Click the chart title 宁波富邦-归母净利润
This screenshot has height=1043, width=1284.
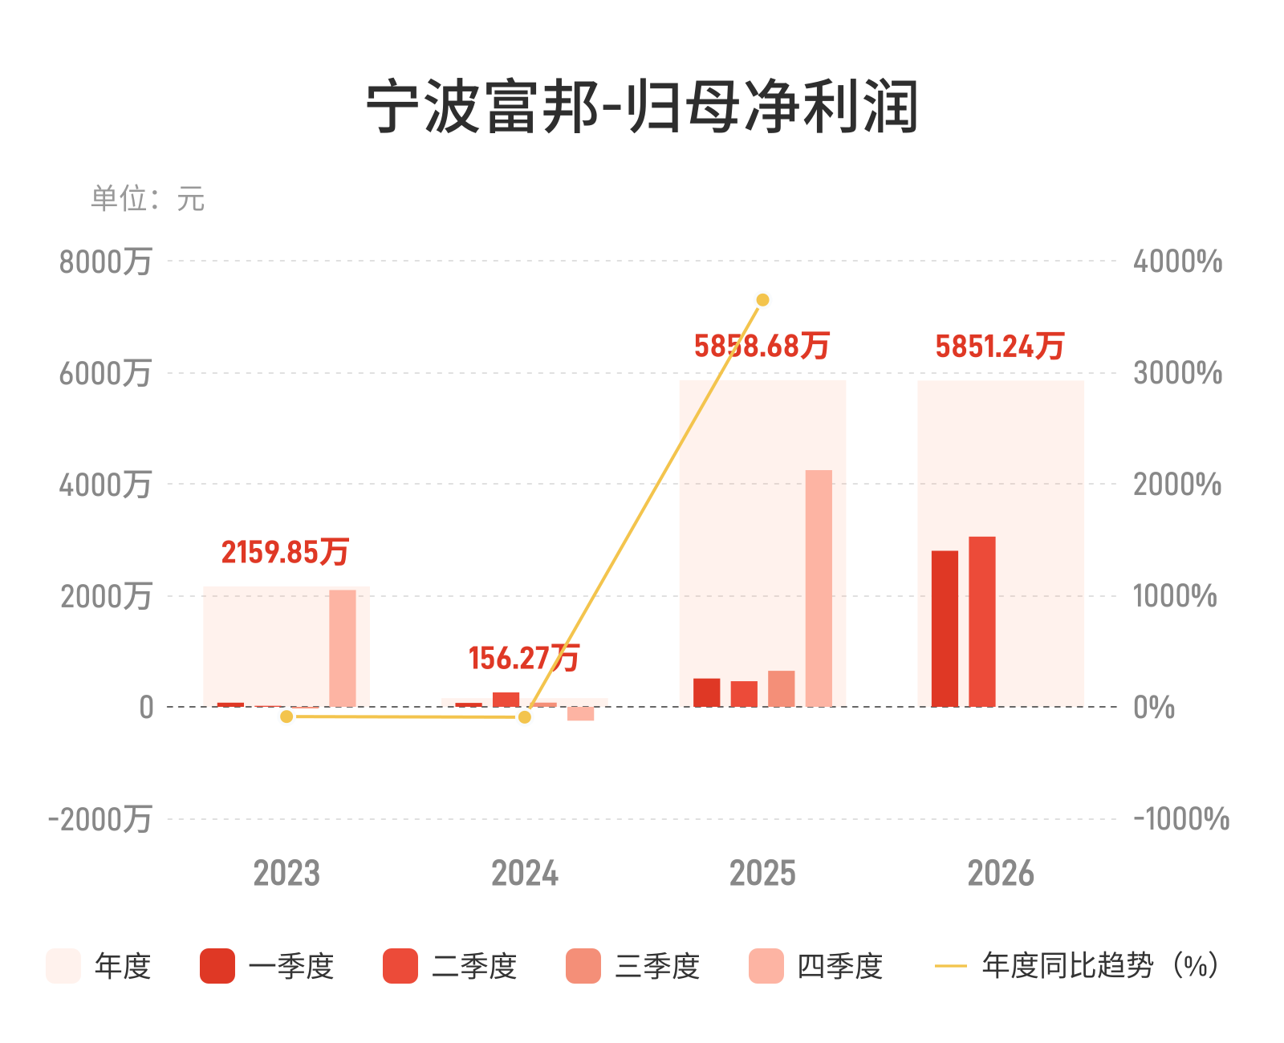(x=642, y=107)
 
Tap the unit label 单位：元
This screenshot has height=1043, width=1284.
(x=148, y=198)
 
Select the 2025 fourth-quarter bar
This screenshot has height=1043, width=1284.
(x=818, y=587)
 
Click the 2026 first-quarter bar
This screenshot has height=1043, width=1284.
(x=944, y=628)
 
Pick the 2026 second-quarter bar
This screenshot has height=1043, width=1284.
(x=981, y=621)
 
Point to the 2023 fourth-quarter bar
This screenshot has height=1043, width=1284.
(x=343, y=647)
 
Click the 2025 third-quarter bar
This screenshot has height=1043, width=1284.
(x=781, y=688)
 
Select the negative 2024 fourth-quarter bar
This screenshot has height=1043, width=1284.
(x=580, y=713)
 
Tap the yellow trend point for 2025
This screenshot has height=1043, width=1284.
(x=762, y=299)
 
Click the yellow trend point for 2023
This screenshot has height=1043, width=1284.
(x=286, y=716)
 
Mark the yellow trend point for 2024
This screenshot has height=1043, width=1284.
(x=525, y=716)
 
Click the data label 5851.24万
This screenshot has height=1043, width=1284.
(x=999, y=346)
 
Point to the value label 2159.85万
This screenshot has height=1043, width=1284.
(x=285, y=552)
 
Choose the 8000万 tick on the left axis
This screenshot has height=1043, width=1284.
(x=105, y=262)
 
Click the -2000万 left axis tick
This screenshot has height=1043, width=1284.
(x=100, y=819)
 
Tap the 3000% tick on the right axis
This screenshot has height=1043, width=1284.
(x=1177, y=373)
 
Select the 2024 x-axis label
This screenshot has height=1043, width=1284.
(x=525, y=873)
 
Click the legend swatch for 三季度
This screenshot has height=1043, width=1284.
(x=583, y=965)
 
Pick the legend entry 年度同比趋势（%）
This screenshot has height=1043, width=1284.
(x=1077, y=965)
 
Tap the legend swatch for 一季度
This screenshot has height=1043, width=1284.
(x=217, y=965)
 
